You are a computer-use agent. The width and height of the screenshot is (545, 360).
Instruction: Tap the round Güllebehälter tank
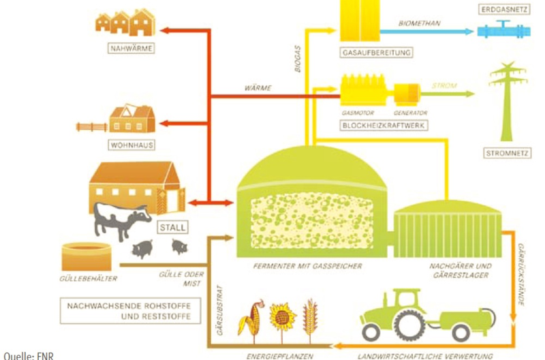[x=86, y=258]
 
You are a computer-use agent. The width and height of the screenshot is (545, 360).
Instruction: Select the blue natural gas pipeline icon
[x=505, y=30]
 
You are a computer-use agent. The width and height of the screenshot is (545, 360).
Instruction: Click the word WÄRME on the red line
[x=258, y=88]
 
